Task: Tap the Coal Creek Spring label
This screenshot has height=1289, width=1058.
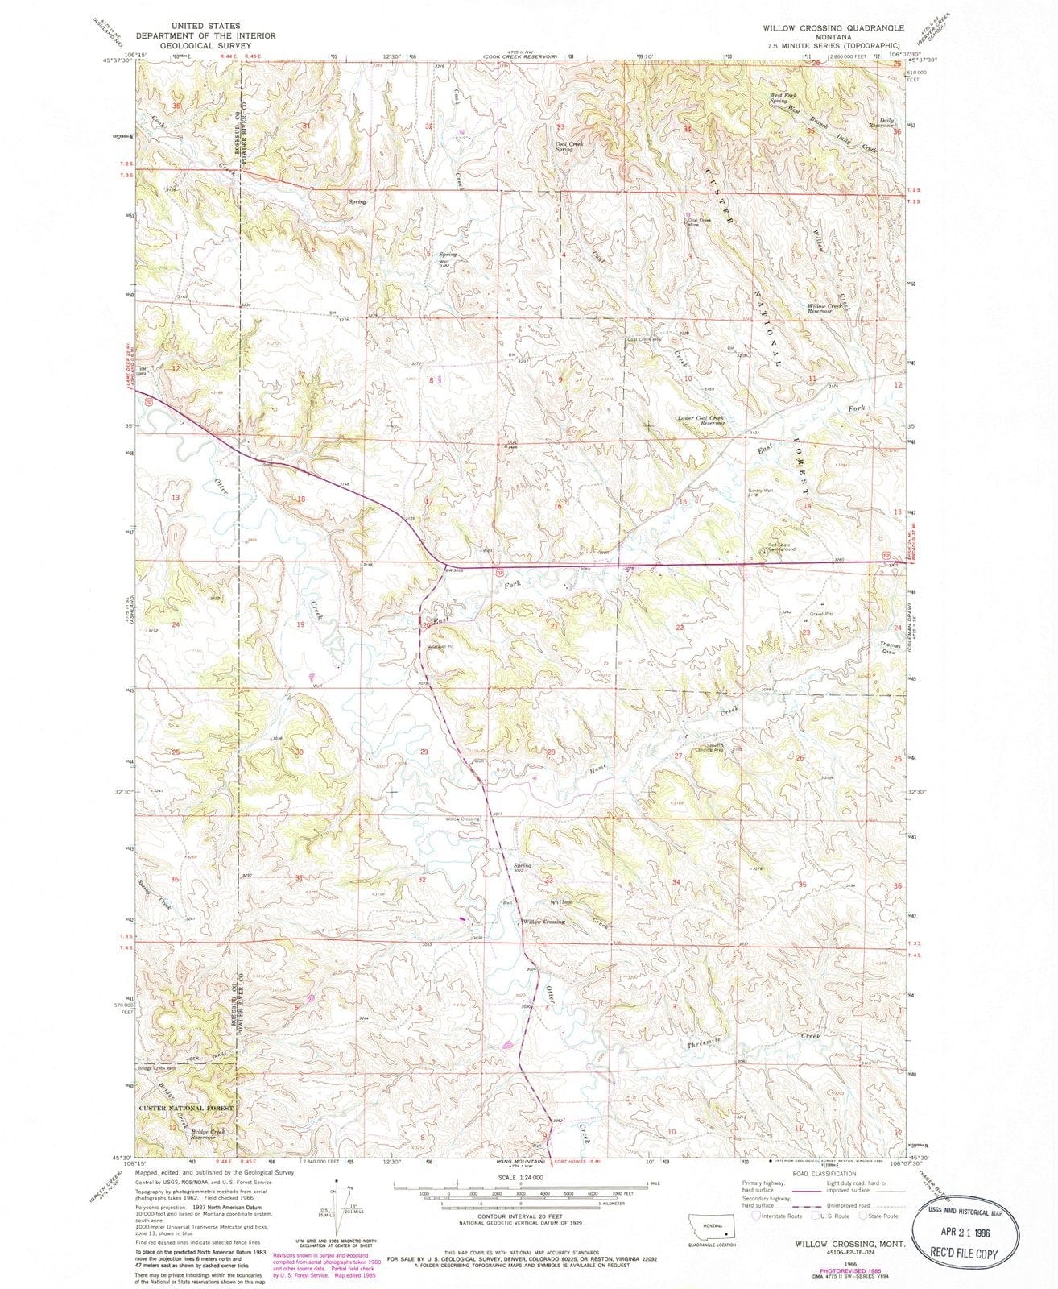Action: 570,147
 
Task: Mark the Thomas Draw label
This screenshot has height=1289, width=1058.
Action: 887,647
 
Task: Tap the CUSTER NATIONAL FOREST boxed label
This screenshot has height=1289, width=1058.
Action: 186,1109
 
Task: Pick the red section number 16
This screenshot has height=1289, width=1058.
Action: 557,506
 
